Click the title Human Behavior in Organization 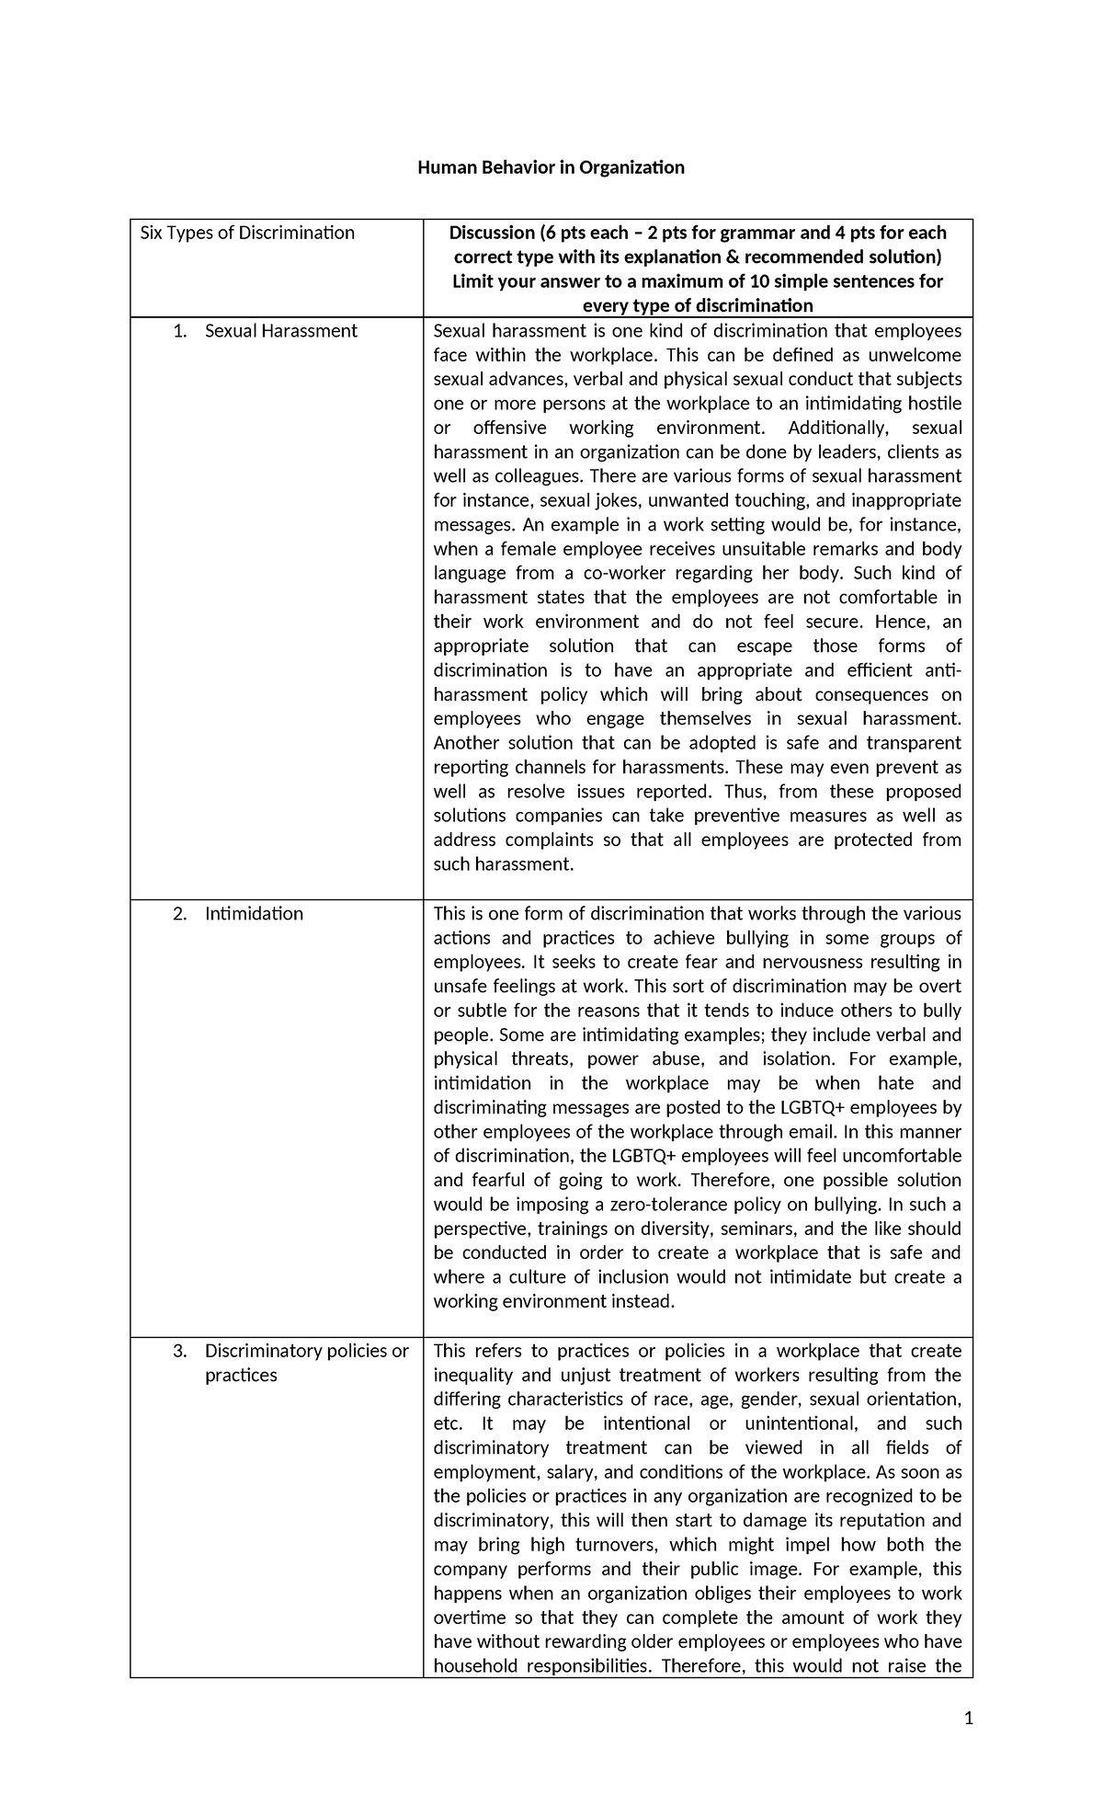tap(551, 167)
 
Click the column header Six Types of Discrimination tap(246, 233)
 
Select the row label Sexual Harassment tap(280, 331)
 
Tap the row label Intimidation tap(254, 914)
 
